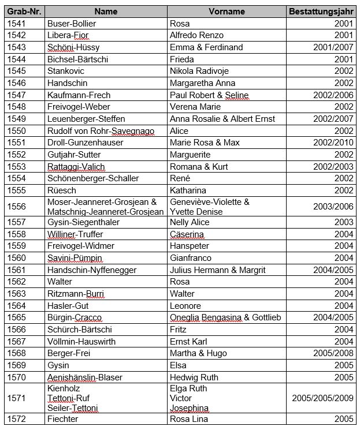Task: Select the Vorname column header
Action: pos(227,12)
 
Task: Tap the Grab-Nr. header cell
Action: pos(23,12)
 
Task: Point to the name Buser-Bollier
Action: pos(72,24)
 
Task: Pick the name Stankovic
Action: pos(66,71)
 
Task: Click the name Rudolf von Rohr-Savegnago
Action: pos(101,130)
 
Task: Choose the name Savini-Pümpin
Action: pos(72,258)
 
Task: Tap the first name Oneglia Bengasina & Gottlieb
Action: pos(225,317)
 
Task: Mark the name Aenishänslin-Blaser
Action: pos(85,377)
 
